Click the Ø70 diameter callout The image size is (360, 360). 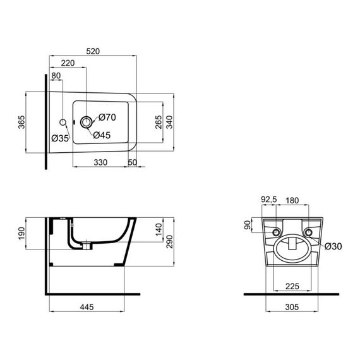click(x=106, y=117)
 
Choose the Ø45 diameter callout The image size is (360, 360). click(x=102, y=135)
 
